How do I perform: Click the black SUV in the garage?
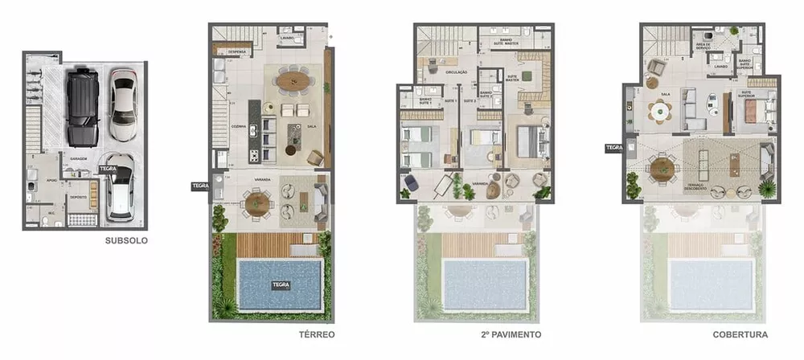tap(83, 107)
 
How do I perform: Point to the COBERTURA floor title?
tap(740, 333)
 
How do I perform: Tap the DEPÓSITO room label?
tap(79, 195)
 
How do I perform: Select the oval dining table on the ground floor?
tap(293, 79)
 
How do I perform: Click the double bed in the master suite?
tap(528, 141)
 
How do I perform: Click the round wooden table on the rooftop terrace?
tap(662, 167)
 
